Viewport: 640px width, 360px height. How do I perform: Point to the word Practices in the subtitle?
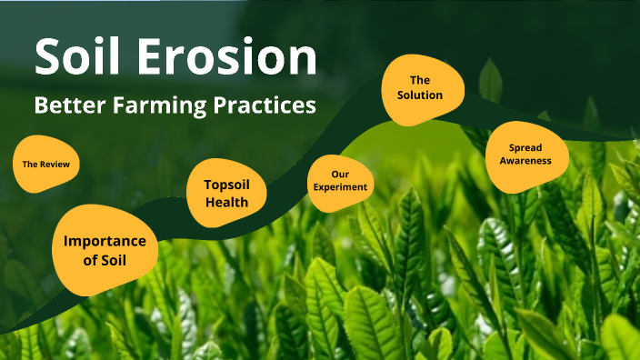pyautogui.click(x=266, y=105)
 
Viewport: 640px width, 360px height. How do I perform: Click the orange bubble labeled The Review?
pyautogui.click(x=45, y=165)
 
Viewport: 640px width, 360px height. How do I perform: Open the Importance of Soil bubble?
pyautogui.click(x=105, y=250)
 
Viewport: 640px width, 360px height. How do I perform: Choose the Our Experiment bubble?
pyautogui.click(x=340, y=180)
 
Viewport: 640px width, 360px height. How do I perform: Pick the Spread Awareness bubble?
pyautogui.click(x=525, y=155)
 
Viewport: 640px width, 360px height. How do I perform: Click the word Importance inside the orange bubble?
pyautogui.click(x=105, y=241)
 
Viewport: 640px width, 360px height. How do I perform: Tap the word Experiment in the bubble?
pyautogui.click(x=340, y=187)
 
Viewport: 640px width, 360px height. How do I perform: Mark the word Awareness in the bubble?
pyautogui.click(x=525, y=162)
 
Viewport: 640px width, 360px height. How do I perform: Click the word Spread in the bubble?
pyautogui.click(x=525, y=147)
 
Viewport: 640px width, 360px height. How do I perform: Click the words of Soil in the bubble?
pyautogui.click(x=105, y=261)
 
